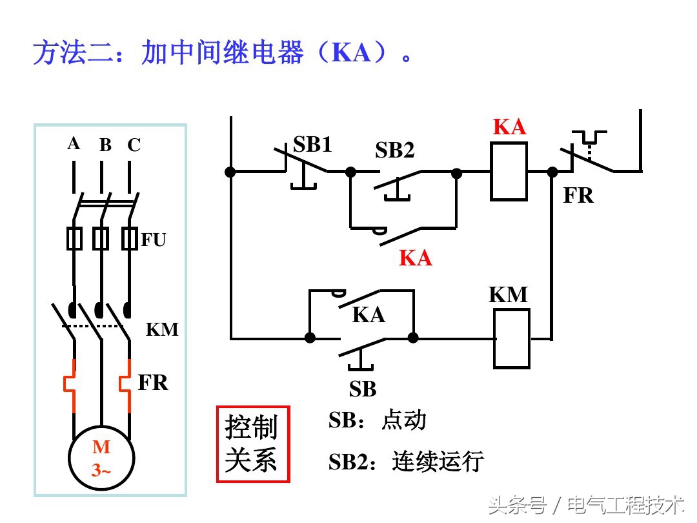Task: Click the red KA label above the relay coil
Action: pos(509,127)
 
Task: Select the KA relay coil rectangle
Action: pos(509,172)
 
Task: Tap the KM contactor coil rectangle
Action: pos(511,338)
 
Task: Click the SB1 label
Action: pos(312,145)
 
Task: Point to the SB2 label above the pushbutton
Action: pos(394,150)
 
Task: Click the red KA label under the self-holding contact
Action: pos(415,258)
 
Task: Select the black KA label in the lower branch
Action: pos(369,315)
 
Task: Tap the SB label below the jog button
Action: pos(363,389)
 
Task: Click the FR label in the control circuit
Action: pos(578,195)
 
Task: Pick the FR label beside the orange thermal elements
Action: pos(153,383)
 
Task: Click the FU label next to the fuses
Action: pos(154,240)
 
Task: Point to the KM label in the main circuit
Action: pos(161,329)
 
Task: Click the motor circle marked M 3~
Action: pos(101,458)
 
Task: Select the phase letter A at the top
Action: pos(74,143)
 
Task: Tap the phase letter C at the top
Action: pos(134,145)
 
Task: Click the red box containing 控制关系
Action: pos(252,444)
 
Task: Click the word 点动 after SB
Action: pos(404,420)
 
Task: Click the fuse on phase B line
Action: pos(101,238)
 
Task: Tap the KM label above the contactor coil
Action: pos(508,295)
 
